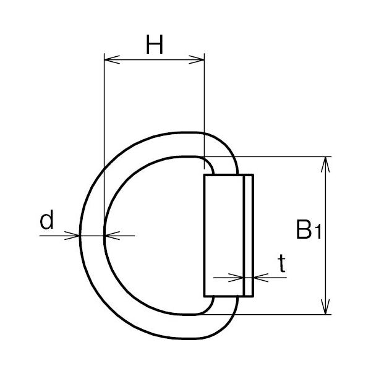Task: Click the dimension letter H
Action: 155,45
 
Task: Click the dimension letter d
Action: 46,220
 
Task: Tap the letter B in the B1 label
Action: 304,229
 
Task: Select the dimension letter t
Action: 282,263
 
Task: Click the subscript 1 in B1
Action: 318,232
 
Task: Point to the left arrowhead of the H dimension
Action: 112,59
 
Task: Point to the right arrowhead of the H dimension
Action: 197,59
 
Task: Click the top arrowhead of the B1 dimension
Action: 326,164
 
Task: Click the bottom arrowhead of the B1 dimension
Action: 326,307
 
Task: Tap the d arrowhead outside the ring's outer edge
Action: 72,236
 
